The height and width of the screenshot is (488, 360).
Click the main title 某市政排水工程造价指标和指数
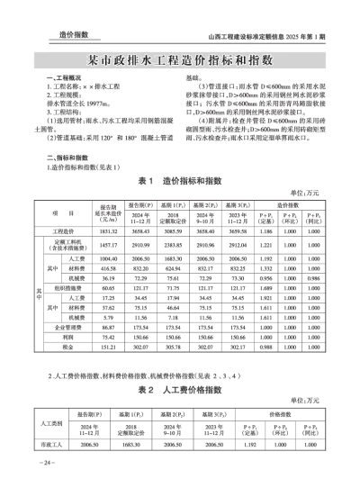coord(180,61)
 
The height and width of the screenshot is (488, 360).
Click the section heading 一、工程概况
coord(63,81)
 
